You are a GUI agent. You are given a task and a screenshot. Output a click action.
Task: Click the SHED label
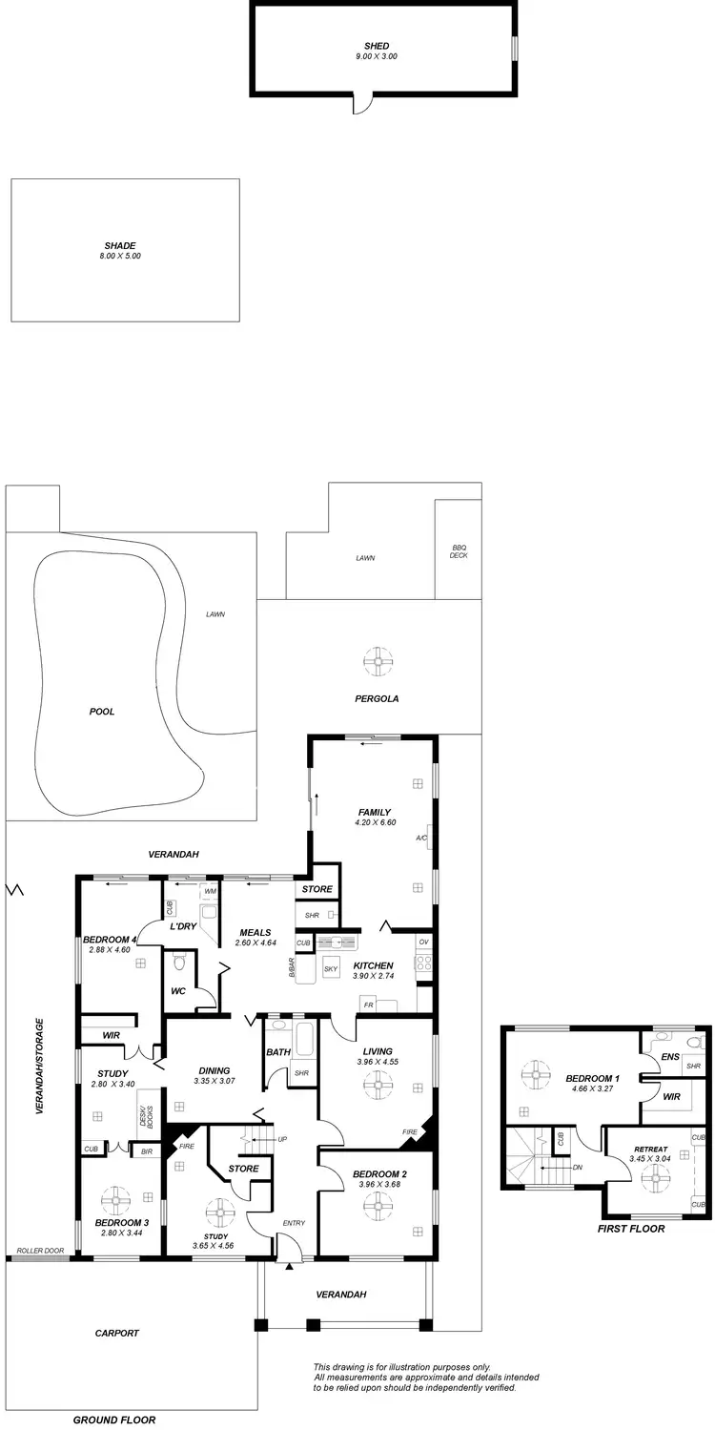tap(377, 46)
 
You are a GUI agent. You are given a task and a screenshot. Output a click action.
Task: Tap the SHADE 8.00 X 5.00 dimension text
tap(120, 256)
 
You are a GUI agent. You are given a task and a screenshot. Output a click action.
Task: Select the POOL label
tap(101, 711)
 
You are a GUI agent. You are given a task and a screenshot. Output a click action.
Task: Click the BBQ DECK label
tap(459, 551)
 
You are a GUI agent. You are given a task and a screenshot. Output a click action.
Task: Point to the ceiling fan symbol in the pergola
tap(378, 659)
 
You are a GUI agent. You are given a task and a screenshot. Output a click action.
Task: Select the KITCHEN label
tap(373, 965)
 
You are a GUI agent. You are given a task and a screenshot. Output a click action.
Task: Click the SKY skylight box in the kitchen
tap(331, 968)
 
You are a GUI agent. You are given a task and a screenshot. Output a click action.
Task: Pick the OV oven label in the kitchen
tap(424, 942)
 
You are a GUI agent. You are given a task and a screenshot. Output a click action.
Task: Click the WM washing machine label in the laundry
tap(210, 891)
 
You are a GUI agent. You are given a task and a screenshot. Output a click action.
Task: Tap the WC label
tap(178, 991)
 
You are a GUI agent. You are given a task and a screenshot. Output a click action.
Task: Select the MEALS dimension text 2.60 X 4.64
tap(255, 943)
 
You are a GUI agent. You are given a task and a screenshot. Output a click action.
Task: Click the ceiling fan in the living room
tap(378, 1082)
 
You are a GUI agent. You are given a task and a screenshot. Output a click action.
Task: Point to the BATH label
tap(278, 1052)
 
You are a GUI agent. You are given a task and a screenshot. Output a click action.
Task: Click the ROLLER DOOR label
tap(39, 1251)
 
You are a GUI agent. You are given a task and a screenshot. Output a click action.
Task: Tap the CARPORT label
tap(117, 1334)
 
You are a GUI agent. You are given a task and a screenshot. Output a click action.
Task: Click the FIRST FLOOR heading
tap(631, 1229)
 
